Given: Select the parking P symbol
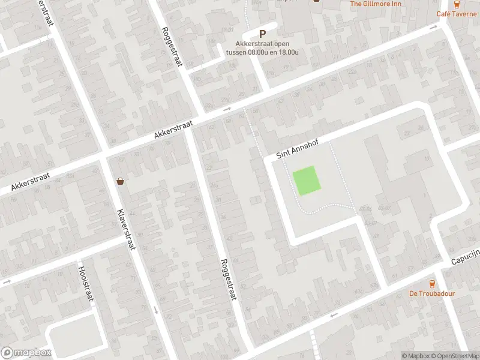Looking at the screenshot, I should [262, 35].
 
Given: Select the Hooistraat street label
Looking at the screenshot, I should [83, 286].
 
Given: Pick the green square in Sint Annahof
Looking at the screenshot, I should [306, 180].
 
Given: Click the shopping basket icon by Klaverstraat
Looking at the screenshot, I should [121, 181].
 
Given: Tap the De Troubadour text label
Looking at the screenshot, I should [432, 293].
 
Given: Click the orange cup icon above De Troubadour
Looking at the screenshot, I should [432, 284].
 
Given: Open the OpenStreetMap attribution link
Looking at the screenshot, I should [455, 356].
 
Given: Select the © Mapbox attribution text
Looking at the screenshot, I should [417, 356].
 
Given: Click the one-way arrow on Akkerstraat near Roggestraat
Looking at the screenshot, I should [227, 109].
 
